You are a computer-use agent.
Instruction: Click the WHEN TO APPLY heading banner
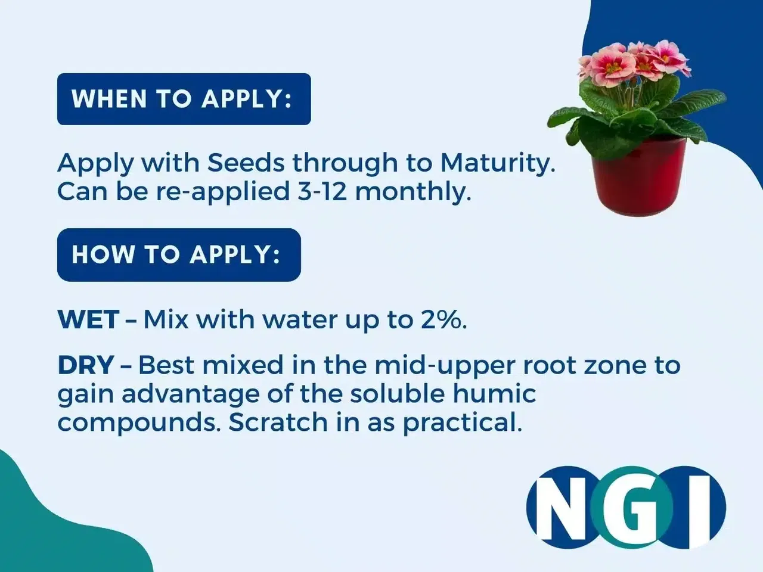coord(184,99)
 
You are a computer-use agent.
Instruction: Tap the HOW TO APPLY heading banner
coord(179,255)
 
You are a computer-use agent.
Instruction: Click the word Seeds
coord(246,163)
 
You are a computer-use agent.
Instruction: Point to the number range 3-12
coord(322,191)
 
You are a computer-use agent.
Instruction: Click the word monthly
coord(413,192)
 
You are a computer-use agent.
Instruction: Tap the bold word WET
coord(89,319)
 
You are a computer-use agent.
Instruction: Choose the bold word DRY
coord(86,365)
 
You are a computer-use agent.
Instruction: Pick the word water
coord(300,320)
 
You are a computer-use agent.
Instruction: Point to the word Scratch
coord(278,422)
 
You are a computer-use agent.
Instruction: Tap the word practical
coord(463,424)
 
